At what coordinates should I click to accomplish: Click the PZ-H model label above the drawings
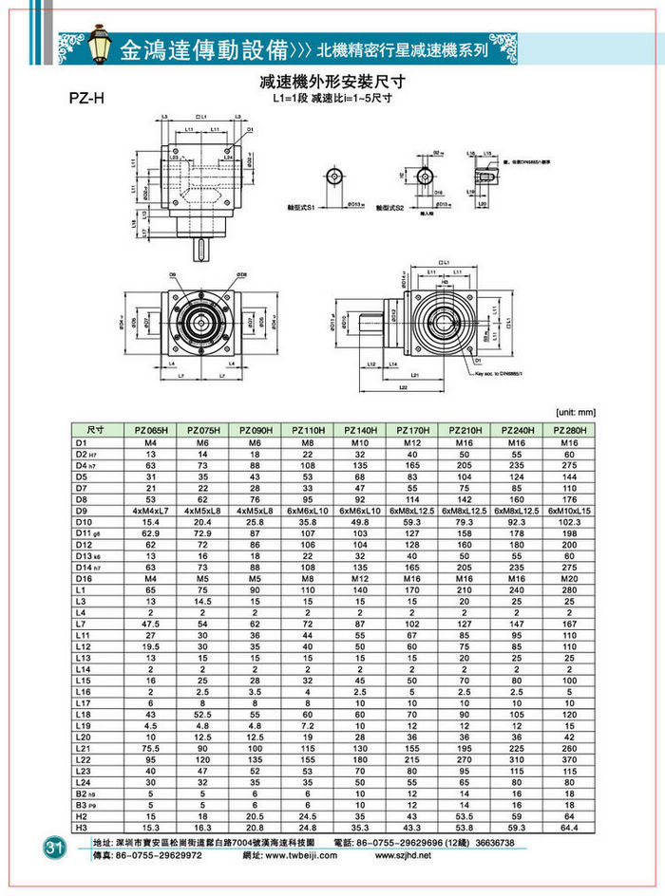(88, 98)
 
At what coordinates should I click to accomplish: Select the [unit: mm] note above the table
(574, 412)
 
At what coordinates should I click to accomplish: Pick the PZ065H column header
(151, 430)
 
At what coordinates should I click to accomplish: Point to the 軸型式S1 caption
(301, 206)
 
